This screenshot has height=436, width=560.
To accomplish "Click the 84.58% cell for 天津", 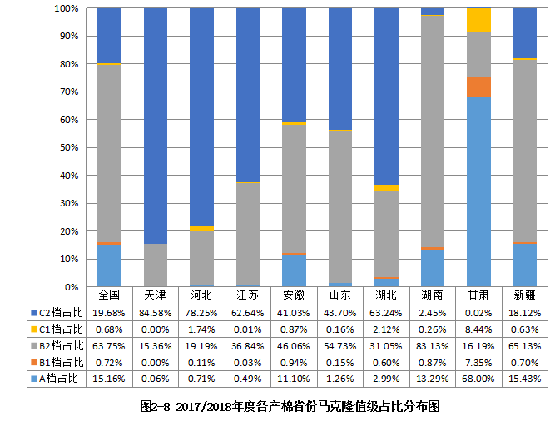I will tap(156, 312).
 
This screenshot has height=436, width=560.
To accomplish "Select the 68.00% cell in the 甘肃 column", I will tap(478, 379).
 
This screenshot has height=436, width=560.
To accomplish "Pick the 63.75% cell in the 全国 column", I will tap(110, 345).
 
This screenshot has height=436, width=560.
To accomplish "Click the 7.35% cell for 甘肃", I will tap(478, 362).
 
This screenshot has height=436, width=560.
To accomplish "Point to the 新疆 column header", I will tap(524, 295).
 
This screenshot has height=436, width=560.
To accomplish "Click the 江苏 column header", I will tap(248, 295).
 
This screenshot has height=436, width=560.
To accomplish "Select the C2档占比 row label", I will tap(57, 312).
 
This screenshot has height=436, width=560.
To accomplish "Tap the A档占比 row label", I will tap(57, 379).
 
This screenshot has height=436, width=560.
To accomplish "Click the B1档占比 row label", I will tap(57, 362).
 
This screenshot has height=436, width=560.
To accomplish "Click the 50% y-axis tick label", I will tap(69, 147).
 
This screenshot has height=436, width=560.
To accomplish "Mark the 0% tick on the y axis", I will tap(72, 286).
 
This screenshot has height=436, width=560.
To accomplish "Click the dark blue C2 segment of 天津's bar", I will tap(156, 125).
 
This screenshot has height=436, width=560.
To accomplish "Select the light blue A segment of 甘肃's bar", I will tap(478, 191).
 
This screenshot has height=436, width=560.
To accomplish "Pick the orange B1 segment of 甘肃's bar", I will tap(478, 87).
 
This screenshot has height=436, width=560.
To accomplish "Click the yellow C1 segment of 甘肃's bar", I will tap(478, 20).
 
